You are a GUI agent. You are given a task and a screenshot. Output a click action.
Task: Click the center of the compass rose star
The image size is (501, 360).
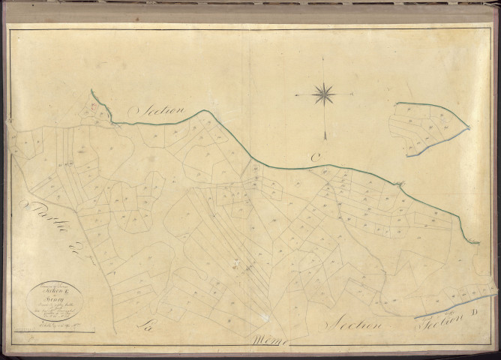(324, 94)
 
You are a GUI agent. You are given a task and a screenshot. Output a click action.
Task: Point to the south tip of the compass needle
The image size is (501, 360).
(325, 138)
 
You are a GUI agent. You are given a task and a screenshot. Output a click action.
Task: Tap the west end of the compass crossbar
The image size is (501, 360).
(295, 95)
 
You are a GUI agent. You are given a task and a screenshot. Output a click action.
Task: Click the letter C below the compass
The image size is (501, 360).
(316, 156)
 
